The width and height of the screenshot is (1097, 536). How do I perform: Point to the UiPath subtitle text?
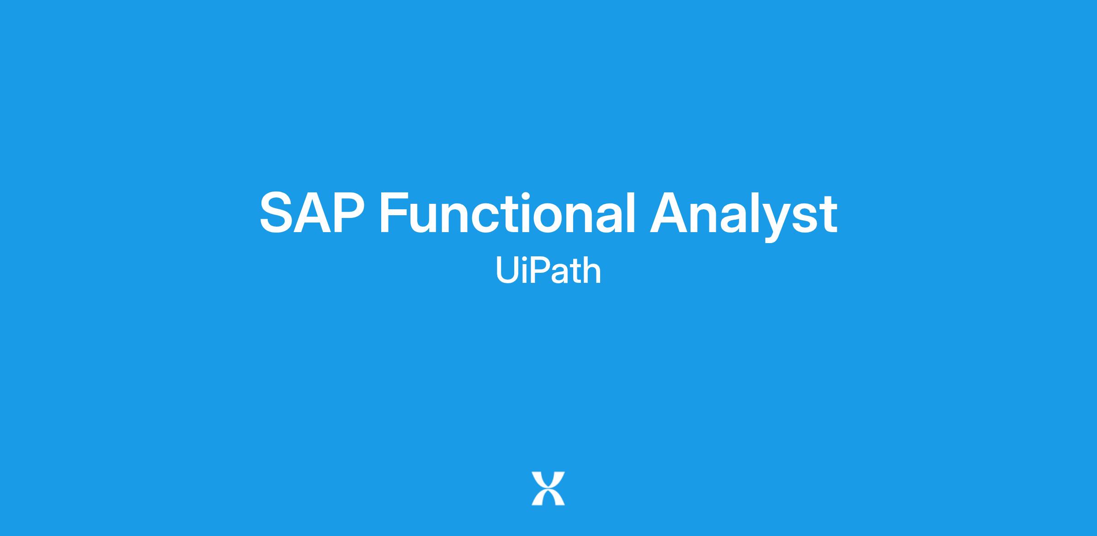(x=548, y=270)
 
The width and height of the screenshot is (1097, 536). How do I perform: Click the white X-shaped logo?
(x=548, y=488)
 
